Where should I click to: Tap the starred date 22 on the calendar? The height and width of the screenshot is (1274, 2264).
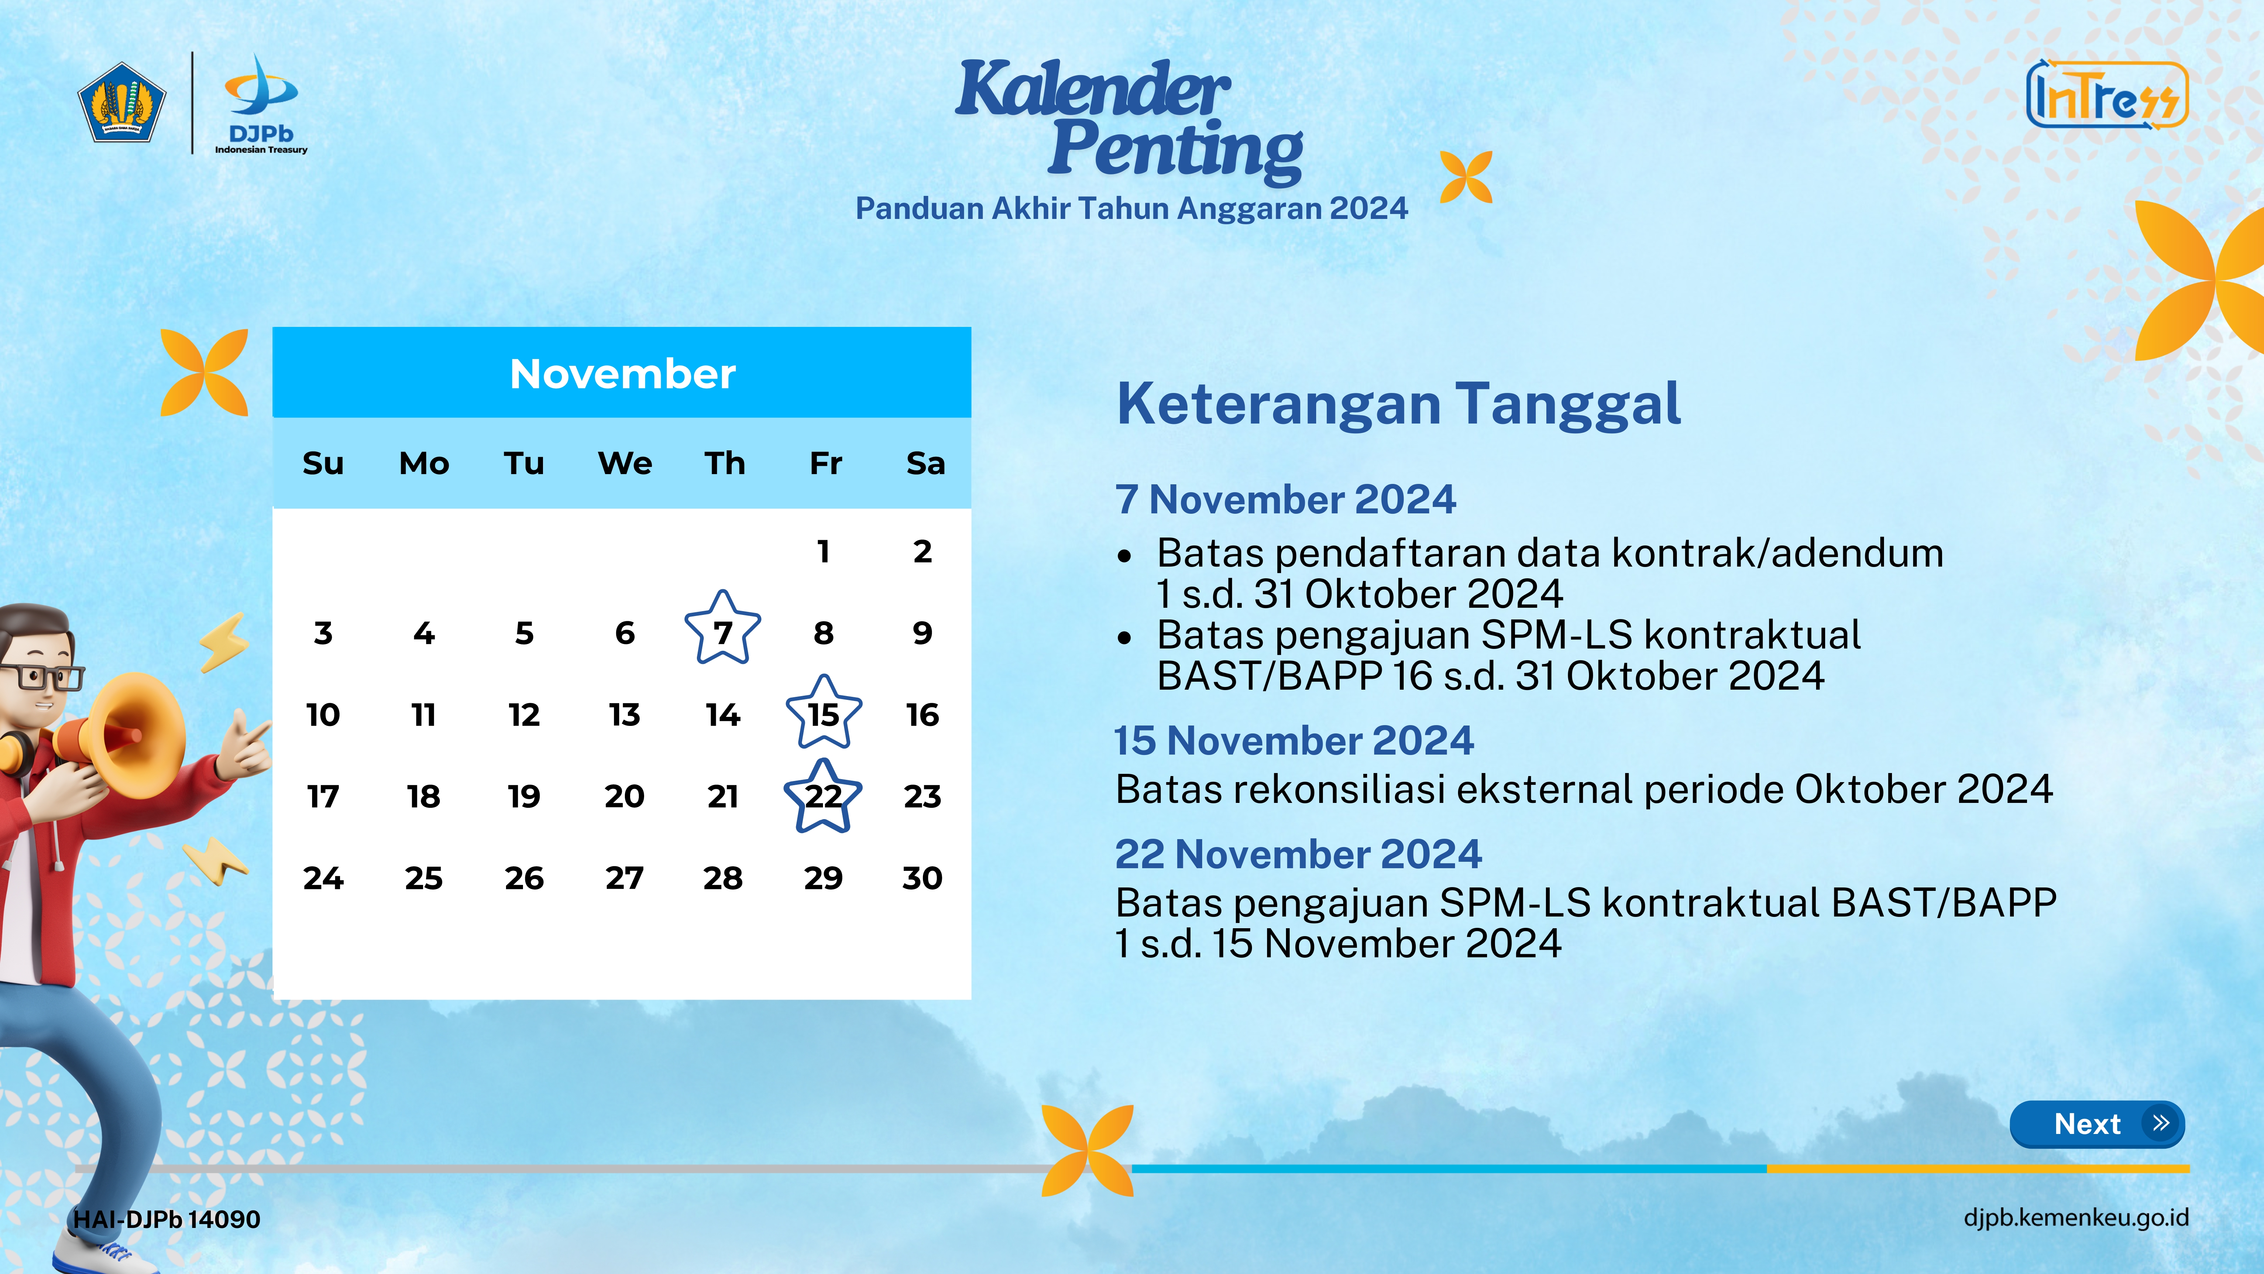coord(823,796)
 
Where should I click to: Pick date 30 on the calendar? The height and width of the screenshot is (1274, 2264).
coord(922,878)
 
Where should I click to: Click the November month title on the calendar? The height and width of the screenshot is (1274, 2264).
coord(622,374)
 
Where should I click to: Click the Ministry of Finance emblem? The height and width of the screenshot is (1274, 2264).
coord(122,102)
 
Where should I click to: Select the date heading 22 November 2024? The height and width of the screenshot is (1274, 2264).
coord(1298,854)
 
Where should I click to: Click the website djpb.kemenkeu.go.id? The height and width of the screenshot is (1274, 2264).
coord(2076,1218)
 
